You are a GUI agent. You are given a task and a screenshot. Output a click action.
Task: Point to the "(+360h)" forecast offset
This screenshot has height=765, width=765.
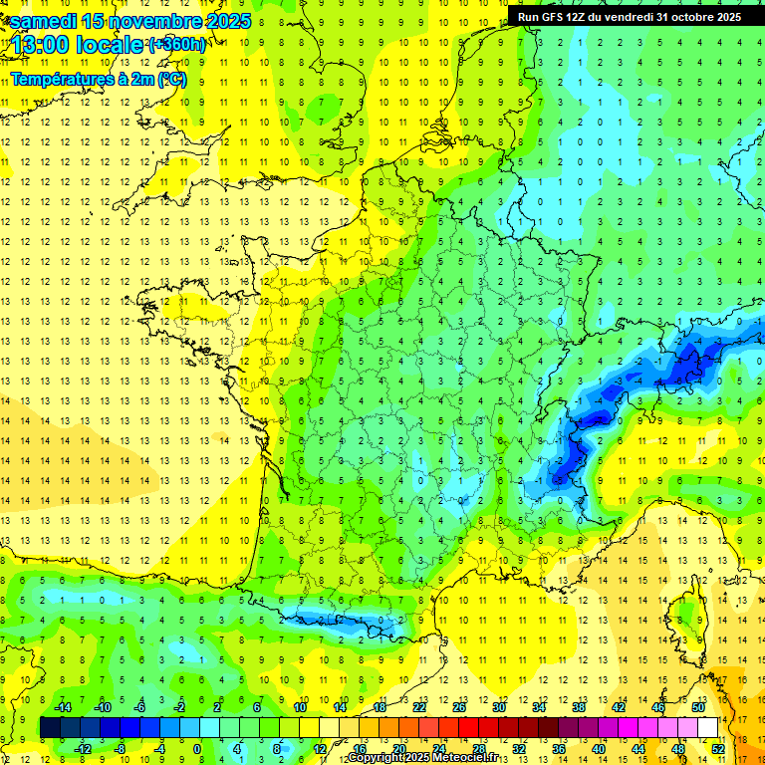[176, 45]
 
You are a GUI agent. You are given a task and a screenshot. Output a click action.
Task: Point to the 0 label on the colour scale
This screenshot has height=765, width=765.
[197, 748]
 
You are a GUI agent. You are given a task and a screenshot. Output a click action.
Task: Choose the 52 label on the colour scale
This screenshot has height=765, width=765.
[717, 748]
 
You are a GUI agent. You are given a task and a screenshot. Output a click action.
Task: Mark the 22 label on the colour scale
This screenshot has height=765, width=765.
[418, 706]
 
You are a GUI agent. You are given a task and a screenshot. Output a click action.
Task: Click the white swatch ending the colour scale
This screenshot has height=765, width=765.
[707, 727]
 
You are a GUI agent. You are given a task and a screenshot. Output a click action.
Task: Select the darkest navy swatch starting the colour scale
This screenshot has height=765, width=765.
[50, 727]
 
